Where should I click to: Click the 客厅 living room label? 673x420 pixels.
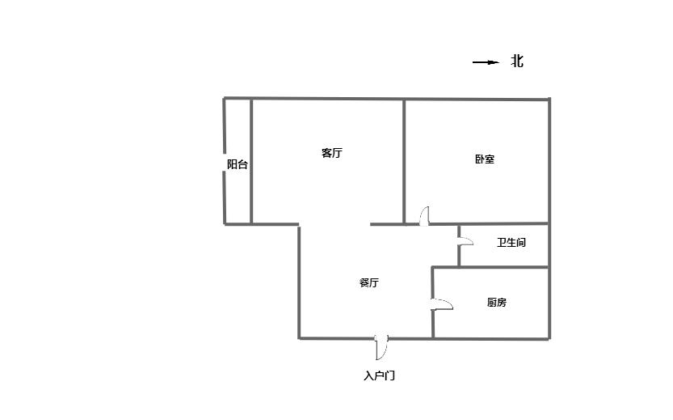click(x=331, y=153)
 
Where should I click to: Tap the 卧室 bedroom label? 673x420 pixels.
click(x=485, y=159)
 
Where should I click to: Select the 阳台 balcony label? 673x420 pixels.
click(x=238, y=164)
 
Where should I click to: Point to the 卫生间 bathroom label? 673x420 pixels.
click(x=511, y=243)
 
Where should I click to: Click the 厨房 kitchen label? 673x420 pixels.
click(x=497, y=303)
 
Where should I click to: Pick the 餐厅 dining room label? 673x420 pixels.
click(x=368, y=283)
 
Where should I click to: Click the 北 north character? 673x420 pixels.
click(x=517, y=62)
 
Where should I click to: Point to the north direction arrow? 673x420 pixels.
click(x=486, y=62)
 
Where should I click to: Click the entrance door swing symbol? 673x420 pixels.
click(x=382, y=346)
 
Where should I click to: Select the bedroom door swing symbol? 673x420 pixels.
click(x=425, y=216)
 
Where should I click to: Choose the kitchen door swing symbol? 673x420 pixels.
click(x=441, y=304)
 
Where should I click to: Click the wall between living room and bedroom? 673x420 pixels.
click(x=404, y=162)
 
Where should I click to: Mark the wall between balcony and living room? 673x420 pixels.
click(x=251, y=162)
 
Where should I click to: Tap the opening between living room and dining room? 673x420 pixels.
click(x=334, y=224)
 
